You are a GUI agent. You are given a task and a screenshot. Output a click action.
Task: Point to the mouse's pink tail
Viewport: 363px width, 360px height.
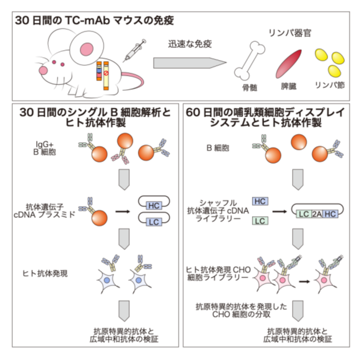133,82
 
